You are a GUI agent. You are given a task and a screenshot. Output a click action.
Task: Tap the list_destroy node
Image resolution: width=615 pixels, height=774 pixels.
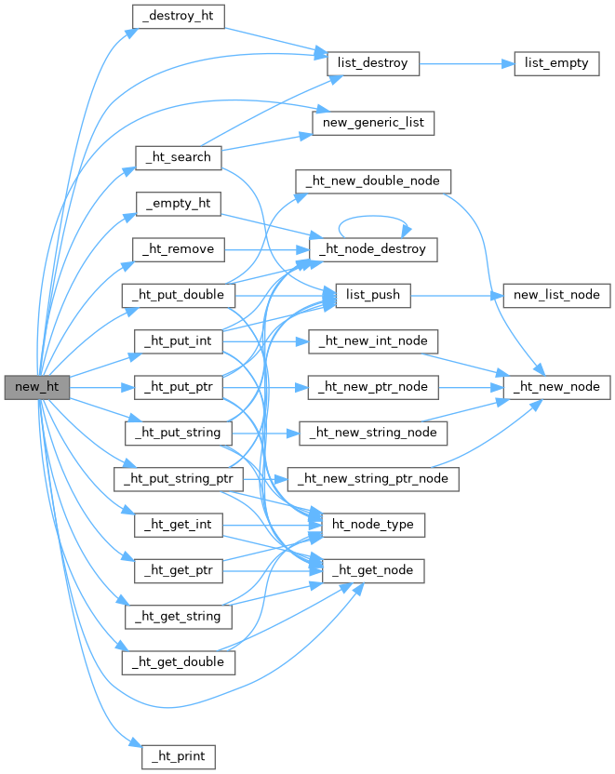(373, 64)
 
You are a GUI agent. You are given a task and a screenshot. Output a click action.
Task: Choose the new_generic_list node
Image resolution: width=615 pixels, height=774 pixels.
(372, 123)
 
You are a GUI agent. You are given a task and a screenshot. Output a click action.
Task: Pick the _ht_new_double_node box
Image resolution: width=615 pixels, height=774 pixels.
(373, 180)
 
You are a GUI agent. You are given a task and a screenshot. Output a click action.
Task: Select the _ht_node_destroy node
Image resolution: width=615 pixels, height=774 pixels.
(373, 249)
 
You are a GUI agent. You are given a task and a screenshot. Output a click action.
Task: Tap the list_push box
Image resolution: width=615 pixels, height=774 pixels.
(372, 296)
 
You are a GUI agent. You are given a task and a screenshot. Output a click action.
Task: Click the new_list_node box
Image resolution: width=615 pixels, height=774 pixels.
(556, 296)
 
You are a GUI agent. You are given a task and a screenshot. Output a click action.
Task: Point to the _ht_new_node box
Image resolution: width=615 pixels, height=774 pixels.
(556, 386)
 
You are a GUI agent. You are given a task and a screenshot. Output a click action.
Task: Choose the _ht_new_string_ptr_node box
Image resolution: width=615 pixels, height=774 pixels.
(373, 479)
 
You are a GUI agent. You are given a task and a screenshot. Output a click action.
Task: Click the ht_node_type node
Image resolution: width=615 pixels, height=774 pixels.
(373, 525)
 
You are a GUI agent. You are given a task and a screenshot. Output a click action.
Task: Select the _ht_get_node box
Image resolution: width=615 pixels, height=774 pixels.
(373, 570)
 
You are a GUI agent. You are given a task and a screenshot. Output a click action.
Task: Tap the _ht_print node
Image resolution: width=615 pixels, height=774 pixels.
(179, 756)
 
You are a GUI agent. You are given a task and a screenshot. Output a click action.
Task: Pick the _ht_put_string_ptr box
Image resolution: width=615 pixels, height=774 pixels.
(179, 479)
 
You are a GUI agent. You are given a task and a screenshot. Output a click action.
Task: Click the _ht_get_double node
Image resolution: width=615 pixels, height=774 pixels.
(179, 662)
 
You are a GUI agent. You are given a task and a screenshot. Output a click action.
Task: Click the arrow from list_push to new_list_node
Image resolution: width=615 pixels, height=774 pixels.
(456, 296)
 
